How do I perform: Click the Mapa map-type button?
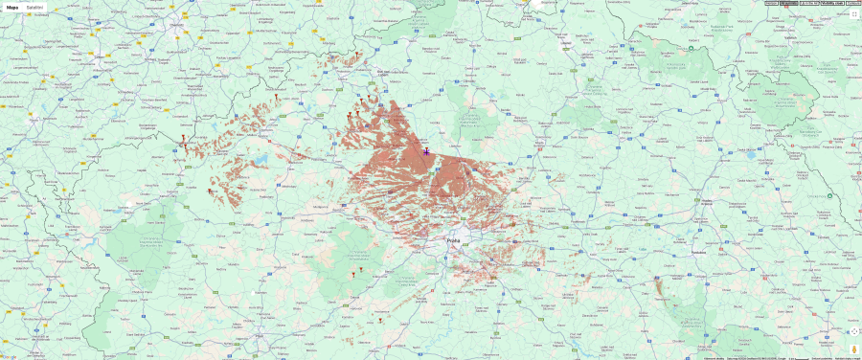click(x=12, y=7)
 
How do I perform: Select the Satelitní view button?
click(x=34, y=7)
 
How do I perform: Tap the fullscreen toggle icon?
click(x=853, y=14)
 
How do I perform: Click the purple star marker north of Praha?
click(x=426, y=151)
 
